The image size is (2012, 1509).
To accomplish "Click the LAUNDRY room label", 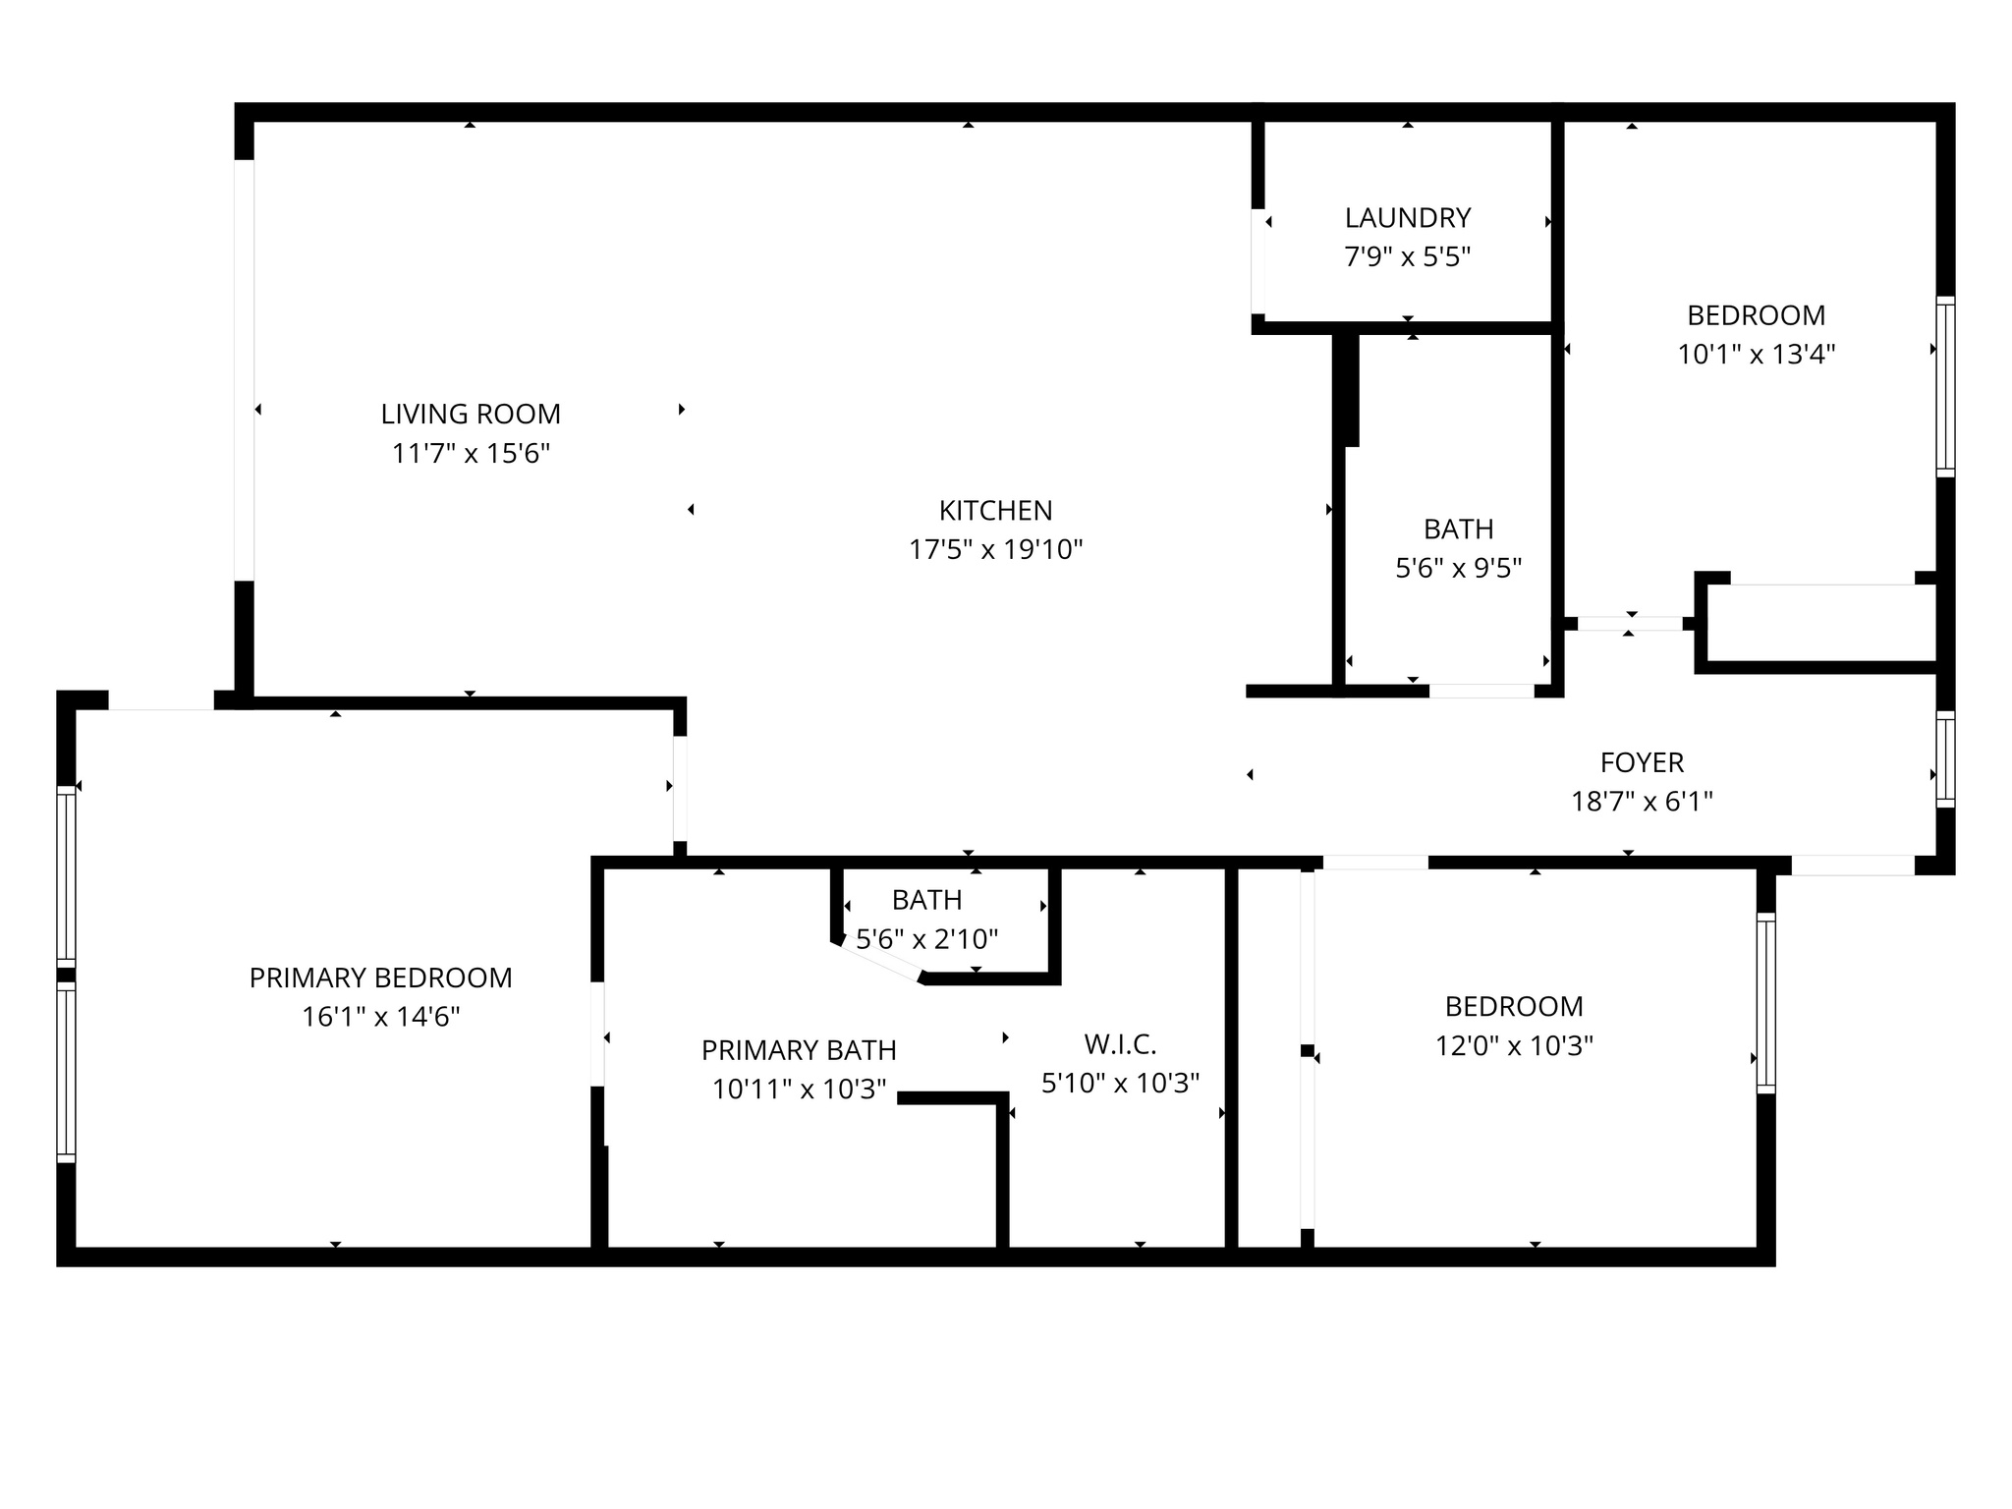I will point(1407,217).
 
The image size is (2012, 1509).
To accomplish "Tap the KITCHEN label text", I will point(995,510).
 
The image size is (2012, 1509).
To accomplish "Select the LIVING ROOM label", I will point(471,414).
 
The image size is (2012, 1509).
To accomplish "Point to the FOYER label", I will point(1642,762).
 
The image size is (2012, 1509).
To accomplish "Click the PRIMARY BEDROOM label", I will point(380,978).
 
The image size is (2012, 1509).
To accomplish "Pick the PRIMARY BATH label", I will point(799,1050).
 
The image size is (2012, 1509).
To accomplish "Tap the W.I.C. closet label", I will point(1120,1043).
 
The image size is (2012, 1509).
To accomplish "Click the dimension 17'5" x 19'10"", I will point(995,549).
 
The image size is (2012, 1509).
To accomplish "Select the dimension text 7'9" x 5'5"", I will point(1407,257).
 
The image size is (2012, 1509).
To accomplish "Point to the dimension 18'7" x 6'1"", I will point(1642,802).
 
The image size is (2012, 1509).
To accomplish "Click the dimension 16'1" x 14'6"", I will point(380,1017).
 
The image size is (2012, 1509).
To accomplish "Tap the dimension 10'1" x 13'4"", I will point(1756,354).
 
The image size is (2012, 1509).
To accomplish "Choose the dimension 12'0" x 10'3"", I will point(1514,1045).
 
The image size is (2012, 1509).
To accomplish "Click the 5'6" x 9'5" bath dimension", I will point(1458,568).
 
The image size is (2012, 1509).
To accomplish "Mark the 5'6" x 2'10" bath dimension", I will point(926,939).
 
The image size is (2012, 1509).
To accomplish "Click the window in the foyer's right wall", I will point(1945,759).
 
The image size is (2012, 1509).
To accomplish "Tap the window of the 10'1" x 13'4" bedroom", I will point(1945,386).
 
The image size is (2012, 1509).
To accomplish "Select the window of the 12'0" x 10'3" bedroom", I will point(1765,1003).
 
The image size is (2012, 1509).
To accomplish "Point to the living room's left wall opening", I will point(244,369).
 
